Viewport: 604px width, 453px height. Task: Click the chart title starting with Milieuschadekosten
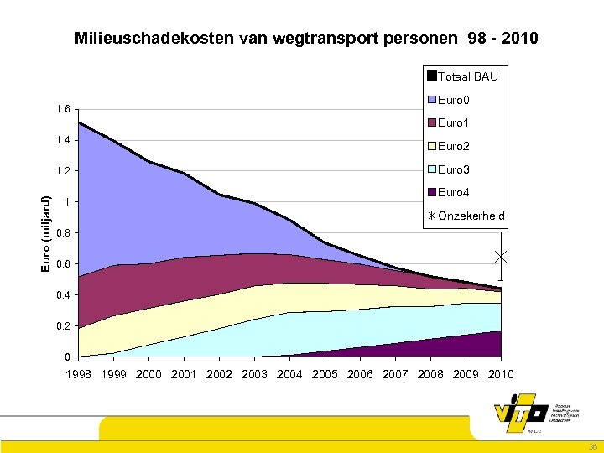(x=306, y=39)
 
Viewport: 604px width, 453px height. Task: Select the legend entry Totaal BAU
(x=462, y=76)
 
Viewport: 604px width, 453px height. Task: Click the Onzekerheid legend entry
(x=466, y=216)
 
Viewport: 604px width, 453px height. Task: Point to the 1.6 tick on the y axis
(x=61, y=109)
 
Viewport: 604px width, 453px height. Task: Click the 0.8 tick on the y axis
(x=61, y=233)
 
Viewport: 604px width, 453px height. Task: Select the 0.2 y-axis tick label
(x=61, y=326)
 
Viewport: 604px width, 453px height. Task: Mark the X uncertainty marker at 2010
(x=501, y=256)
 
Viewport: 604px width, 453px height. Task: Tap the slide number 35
(x=592, y=447)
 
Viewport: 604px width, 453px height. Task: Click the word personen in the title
(x=420, y=39)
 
